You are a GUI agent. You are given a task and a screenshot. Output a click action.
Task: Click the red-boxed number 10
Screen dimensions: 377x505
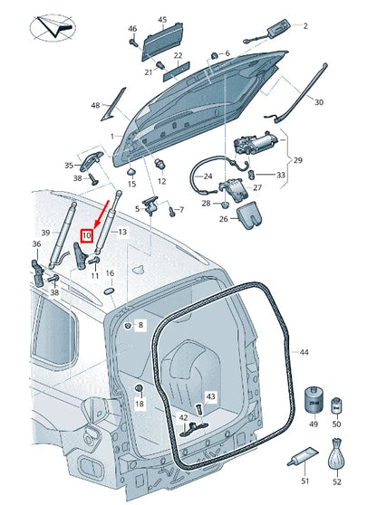[x=87, y=235]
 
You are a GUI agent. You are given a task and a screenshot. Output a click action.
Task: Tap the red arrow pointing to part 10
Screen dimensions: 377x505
[x=101, y=214]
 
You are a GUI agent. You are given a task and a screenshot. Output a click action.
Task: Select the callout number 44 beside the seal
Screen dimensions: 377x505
[x=304, y=352]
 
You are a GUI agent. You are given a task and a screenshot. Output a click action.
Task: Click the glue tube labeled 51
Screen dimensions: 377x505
[x=303, y=458]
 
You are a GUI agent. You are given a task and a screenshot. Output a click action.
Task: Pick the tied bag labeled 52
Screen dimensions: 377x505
[x=336, y=453]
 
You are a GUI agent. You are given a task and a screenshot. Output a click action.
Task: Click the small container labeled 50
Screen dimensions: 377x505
[x=336, y=406]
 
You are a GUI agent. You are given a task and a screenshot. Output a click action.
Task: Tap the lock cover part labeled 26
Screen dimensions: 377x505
[x=249, y=215]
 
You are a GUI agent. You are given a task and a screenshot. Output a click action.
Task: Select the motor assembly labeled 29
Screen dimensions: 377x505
[x=255, y=143]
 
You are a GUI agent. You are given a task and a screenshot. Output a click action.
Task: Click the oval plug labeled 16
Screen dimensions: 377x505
[x=110, y=291]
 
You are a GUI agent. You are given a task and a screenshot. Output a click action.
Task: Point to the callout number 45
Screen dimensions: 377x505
[x=162, y=20]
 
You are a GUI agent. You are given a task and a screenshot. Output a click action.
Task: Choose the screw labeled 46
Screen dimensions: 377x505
[x=133, y=43]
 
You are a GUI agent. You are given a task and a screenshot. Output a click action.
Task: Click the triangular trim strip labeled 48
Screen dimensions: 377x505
[x=113, y=104]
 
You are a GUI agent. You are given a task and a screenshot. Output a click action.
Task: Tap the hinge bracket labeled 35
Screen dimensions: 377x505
[x=91, y=161]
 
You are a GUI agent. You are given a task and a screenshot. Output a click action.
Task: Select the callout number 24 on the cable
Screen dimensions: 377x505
[x=208, y=176]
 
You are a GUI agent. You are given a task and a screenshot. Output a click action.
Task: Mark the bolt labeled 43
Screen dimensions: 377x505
[x=198, y=410]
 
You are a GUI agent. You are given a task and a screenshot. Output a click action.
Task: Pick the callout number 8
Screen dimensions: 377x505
[x=140, y=325]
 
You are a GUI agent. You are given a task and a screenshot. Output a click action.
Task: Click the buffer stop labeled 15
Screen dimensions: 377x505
[x=131, y=170]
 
